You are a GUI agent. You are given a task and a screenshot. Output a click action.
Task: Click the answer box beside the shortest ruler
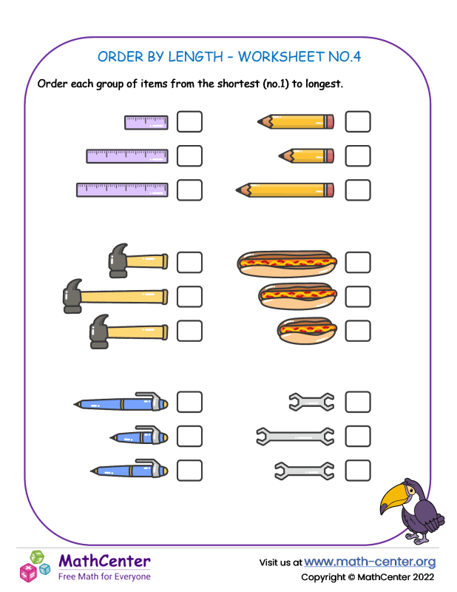click(x=189, y=121)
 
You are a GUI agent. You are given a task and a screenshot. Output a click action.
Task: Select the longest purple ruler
click(x=122, y=190)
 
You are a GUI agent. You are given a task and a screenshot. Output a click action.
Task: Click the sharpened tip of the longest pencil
click(x=237, y=190)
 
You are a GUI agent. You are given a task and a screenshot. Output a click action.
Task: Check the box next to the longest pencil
click(x=358, y=190)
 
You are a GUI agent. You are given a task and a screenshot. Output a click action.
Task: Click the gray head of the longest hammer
click(x=72, y=297)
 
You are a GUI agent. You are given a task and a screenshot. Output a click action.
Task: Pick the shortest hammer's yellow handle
click(x=146, y=262)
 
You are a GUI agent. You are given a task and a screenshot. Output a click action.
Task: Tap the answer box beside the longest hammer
click(x=189, y=297)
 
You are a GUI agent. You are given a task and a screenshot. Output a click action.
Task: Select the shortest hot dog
click(x=307, y=331)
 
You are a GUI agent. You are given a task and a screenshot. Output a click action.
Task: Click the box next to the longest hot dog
click(x=358, y=263)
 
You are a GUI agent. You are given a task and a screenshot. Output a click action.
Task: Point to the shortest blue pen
click(x=139, y=437)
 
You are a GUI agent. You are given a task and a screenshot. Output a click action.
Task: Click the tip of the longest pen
click(x=75, y=404)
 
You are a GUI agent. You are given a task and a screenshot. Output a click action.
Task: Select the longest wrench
click(x=295, y=437)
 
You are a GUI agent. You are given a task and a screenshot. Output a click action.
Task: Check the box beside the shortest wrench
click(x=358, y=402)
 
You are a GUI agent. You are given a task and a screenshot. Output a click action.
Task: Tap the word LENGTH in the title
click(x=195, y=57)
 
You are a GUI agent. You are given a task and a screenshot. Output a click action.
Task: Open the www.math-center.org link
click(x=370, y=562)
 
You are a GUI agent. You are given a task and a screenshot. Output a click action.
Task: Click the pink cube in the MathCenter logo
click(x=28, y=572)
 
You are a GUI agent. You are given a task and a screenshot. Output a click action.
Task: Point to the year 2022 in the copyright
click(x=423, y=577)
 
